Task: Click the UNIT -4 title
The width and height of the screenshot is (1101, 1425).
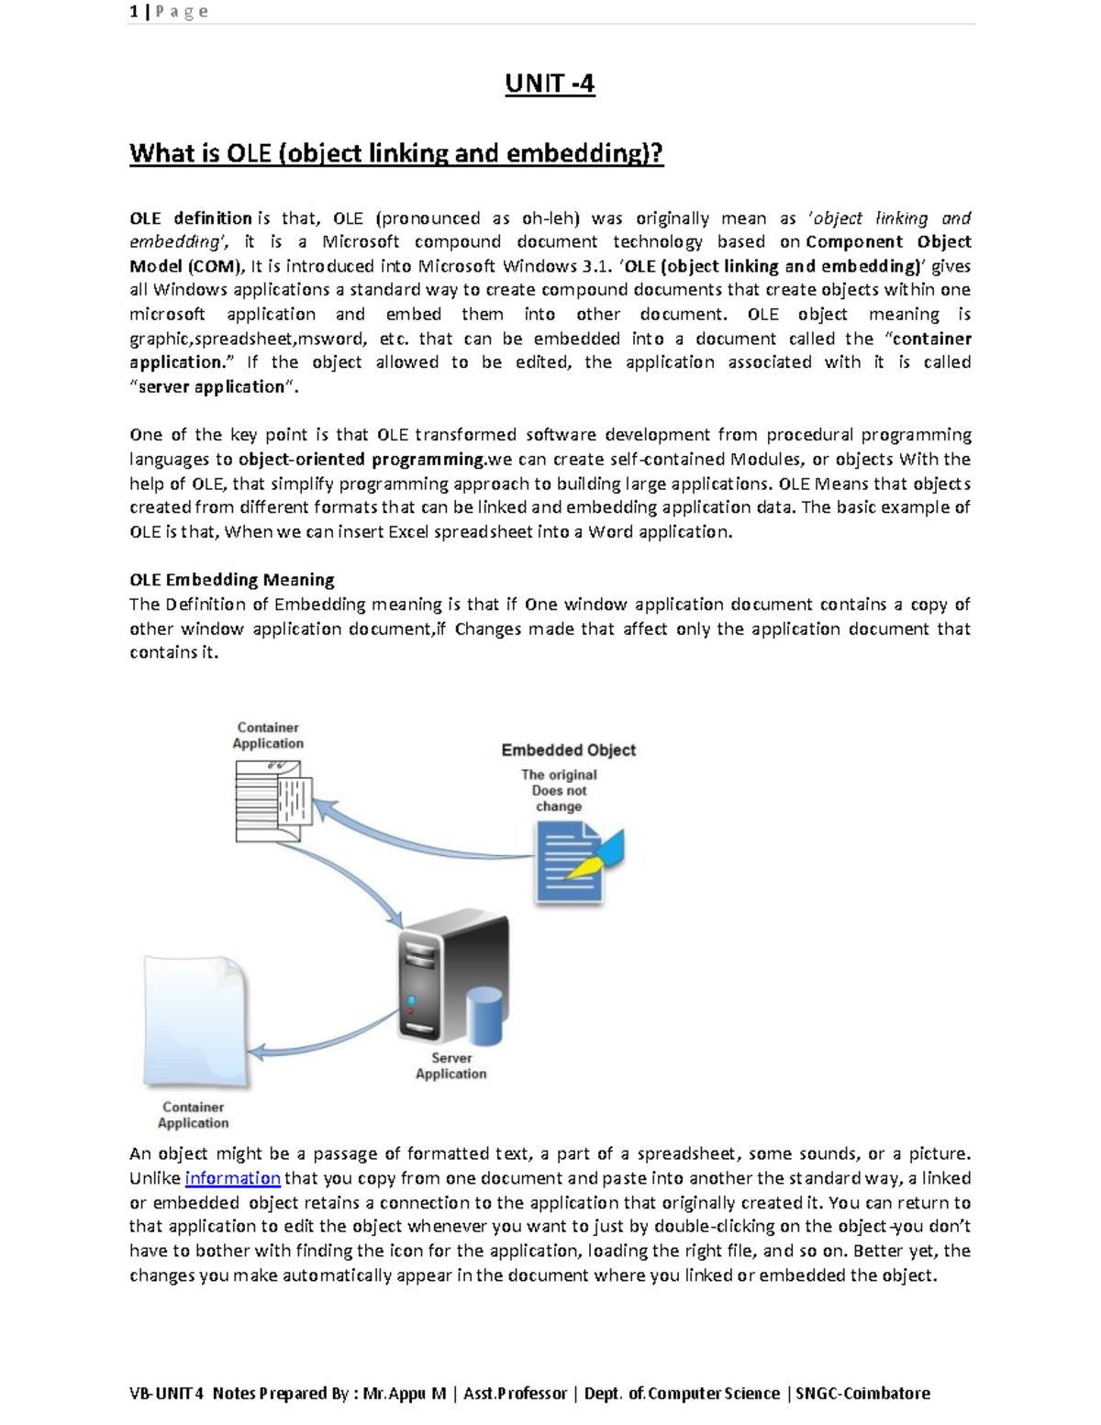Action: pos(550,83)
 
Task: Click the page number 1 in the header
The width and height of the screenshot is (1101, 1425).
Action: pos(134,12)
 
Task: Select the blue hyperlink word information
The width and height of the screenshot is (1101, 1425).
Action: pos(232,1178)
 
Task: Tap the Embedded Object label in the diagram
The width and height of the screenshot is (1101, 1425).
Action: pos(568,750)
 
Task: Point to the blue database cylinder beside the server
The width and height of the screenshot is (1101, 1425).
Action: pos(485,1016)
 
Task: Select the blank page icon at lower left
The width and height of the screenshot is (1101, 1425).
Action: pos(195,1019)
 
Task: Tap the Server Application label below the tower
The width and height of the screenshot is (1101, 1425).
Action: pos(450,1065)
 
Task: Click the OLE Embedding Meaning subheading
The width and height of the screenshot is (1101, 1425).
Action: pos(231,580)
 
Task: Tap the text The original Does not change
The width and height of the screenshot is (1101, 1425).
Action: pos(559,790)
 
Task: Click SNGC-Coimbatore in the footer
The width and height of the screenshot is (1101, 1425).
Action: pos(862,1393)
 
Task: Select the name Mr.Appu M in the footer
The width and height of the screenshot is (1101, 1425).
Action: pos(404,1393)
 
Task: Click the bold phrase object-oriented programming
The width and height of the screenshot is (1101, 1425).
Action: pos(361,459)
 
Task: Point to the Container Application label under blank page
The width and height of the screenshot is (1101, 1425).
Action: pos(193,1115)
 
